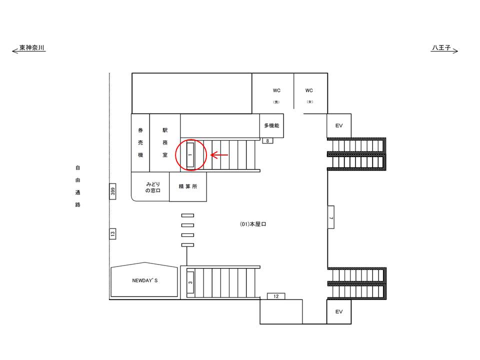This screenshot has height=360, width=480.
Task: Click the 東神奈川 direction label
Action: [x=32, y=48]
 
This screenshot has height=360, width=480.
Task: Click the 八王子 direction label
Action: [x=441, y=48]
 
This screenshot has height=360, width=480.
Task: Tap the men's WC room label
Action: [x=276, y=95]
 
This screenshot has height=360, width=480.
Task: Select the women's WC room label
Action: [x=309, y=95]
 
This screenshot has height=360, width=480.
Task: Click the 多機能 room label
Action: [x=272, y=125]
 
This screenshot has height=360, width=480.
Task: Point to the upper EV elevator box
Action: [x=339, y=125]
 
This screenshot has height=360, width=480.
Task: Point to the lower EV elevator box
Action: [x=339, y=311]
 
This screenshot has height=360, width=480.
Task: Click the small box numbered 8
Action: [x=267, y=141]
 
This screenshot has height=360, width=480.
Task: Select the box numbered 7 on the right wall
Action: [x=331, y=217]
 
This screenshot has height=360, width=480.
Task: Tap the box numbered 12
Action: [x=276, y=296]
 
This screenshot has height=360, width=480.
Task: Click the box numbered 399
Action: [x=112, y=191]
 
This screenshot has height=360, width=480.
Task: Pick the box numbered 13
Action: [x=112, y=234]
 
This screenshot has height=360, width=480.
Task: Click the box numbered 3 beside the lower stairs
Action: [x=190, y=282]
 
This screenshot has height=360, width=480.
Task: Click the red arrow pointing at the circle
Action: [x=219, y=155]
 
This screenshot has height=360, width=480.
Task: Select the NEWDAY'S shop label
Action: [x=145, y=280]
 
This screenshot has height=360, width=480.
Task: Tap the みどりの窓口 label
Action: [x=153, y=187]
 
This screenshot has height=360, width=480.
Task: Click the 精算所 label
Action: [x=188, y=186]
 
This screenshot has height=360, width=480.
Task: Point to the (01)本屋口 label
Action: [x=253, y=224]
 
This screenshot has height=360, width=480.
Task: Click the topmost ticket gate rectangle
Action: [x=187, y=215]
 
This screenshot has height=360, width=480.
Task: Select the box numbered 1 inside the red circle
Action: [x=190, y=154]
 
